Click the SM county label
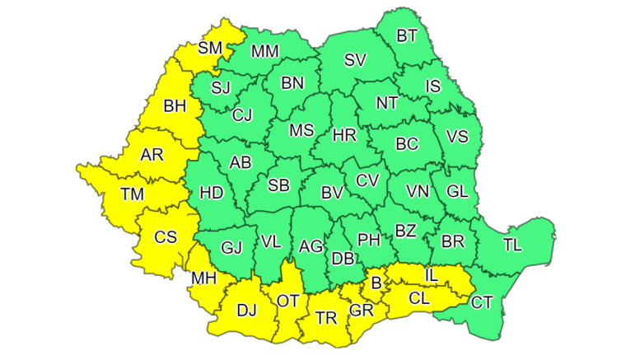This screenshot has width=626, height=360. coord(210,48)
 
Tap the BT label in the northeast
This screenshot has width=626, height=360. coord(407,35)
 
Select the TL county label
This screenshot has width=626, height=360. coord(512,245)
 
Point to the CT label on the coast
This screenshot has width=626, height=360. coord(482,302)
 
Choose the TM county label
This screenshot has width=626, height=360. coord(132,194)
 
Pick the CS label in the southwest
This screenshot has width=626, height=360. coord(166,237)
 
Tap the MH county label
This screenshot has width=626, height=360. coord(203,278)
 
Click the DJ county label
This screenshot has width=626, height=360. coord(246,310)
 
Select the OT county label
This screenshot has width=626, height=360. coord(287,302)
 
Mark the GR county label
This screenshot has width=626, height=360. coord(360,311)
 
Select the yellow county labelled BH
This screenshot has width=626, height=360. coord(175,105)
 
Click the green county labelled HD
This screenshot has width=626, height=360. coord(212,194)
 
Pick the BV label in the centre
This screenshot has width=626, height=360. coord(331,194)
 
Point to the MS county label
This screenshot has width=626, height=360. coord(301,130)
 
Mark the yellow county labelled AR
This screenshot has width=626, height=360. coord(152,155)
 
